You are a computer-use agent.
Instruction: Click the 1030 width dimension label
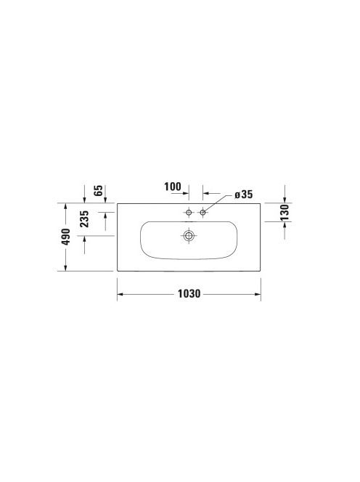[189, 294]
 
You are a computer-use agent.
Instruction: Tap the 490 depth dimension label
[66, 237]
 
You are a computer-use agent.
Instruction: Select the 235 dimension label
[84, 219]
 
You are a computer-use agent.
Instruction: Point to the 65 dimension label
[98, 191]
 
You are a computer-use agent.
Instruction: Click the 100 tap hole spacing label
[173, 187]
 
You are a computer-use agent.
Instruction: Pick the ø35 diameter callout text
[243, 195]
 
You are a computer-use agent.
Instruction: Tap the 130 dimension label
[285, 212]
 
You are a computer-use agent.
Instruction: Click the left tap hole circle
[189, 212]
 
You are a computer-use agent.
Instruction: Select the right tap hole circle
[202, 212]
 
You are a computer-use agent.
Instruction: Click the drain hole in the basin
[189, 236]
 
